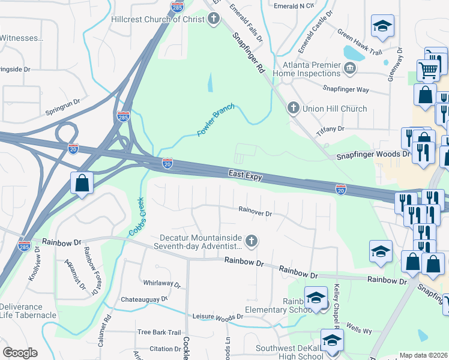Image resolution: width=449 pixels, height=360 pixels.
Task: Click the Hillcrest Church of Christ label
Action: (158, 19)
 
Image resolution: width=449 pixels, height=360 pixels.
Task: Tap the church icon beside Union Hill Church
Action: (293, 108)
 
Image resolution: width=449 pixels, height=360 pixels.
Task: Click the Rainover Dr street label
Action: (255, 212)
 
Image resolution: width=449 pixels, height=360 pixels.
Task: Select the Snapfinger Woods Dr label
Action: (372, 154)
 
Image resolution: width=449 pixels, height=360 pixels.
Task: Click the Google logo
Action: (20, 353)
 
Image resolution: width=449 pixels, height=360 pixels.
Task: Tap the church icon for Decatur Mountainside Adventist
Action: (252, 241)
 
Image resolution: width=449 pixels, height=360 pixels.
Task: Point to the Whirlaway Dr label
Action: (161, 283)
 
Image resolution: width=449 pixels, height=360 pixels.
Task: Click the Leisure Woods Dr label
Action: (217, 316)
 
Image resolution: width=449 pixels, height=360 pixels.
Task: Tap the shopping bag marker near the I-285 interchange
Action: (81, 183)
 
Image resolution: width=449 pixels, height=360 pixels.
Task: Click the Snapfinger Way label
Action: (346, 89)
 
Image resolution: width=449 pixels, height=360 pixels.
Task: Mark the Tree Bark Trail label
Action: (158, 332)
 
